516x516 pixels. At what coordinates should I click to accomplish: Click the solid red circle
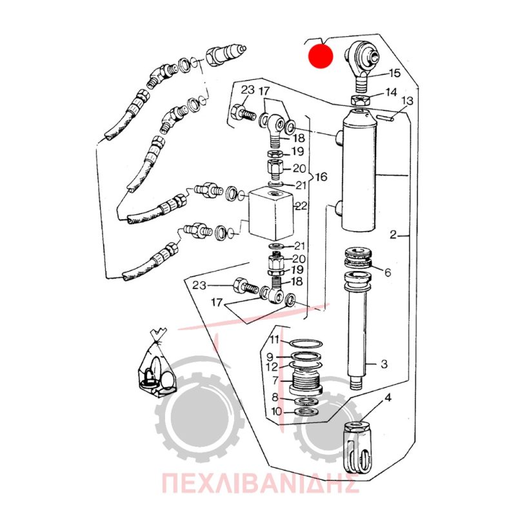321,56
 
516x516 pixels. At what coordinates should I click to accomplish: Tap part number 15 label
394,73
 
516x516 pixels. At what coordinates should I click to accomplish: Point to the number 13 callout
408,101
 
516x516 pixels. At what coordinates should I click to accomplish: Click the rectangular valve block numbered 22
271,214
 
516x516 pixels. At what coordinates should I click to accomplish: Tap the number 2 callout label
393,235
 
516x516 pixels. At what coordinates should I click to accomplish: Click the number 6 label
388,272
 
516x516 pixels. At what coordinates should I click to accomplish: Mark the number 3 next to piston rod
384,364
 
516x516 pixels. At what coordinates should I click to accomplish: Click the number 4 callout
388,397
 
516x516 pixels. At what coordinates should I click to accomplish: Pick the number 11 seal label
275,339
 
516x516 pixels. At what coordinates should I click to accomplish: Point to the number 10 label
277,412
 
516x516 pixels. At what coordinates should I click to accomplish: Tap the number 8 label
275,397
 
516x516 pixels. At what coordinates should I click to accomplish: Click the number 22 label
301,206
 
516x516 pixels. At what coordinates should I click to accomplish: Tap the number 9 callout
270,357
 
